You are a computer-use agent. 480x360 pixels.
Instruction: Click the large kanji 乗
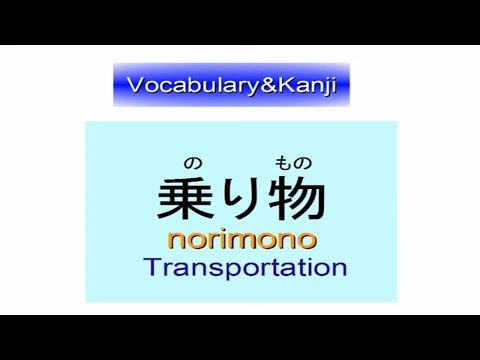click(184, 200)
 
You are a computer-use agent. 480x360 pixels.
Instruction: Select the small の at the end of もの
click(304, 164)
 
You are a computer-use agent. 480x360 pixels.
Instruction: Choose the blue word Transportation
click(244, 268)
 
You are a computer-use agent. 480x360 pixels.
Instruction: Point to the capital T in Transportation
click(151, 267)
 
